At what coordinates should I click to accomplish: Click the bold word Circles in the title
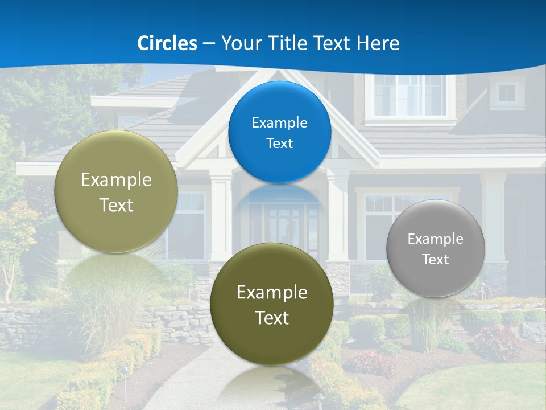(x=167, y=43)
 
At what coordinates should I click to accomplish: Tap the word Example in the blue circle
(x=279, y=123)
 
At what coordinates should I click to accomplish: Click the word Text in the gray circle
(x=436, y=260)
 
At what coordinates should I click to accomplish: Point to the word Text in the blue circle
(x=279, y=143)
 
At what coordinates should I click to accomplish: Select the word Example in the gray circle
(x=436, y=239)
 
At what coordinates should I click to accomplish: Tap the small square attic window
(x=507, y=93)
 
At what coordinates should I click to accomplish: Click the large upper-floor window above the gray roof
(x=409, y=95)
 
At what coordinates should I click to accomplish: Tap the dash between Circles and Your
(x=209, y=44)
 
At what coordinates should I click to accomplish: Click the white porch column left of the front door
(x=221, y=219)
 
